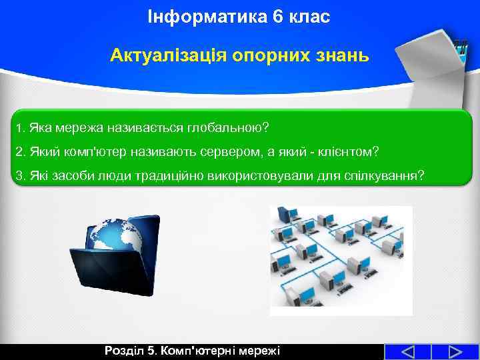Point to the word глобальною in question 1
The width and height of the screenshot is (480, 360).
[227, 127]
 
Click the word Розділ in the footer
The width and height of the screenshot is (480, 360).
[125, 351]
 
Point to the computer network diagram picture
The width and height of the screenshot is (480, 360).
[341, 260]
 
